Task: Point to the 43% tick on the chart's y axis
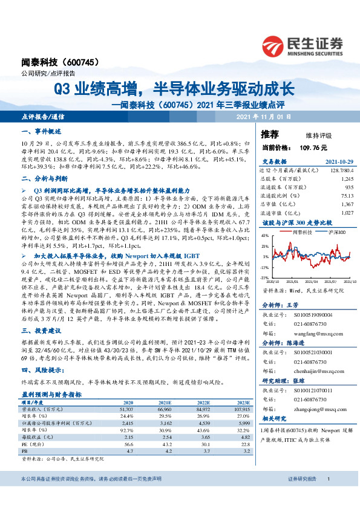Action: [x=264, y=236]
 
